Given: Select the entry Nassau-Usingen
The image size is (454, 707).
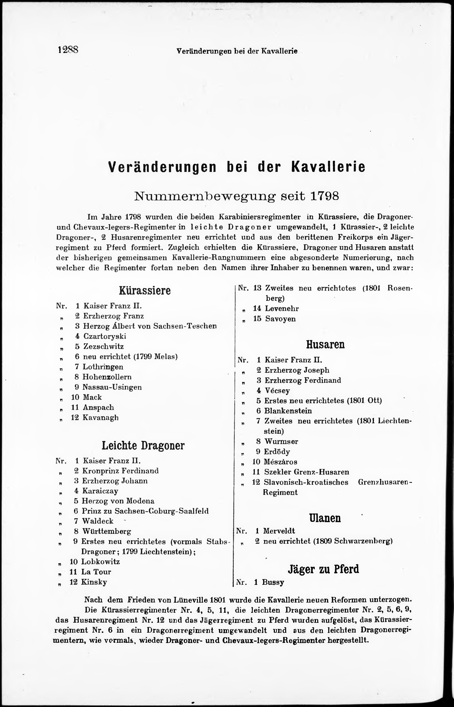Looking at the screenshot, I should click(x=112, y=387).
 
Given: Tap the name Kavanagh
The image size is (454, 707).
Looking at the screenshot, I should click(x=101, y=417).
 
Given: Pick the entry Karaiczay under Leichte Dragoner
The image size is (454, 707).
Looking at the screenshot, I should click(x=100, y=491).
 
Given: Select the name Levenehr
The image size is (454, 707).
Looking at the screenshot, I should click(x=282, y=309).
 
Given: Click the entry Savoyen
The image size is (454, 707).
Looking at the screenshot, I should click(x=280, y=319).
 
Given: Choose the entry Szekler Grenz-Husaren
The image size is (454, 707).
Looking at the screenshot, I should click(x=307, y=472).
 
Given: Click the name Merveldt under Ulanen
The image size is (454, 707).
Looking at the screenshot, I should click(x=279, y=531).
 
